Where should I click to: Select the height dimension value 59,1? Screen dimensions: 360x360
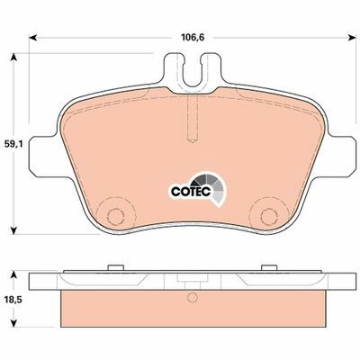tap(13, 142)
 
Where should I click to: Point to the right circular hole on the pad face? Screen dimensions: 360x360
tap(267, 215)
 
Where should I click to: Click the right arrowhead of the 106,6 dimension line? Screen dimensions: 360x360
tap(348, 39)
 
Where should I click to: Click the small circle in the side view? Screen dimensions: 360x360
tap(190, 300)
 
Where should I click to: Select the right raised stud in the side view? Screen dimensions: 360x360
tap(267, 267)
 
